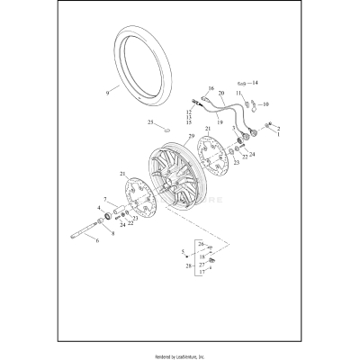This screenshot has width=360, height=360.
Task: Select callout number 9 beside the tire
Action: click(107, 91)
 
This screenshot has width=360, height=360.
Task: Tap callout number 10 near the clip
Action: click(265, 104)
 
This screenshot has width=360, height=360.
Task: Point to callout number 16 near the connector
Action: click(211, 90)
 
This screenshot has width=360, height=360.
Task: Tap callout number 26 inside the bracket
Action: click(201, 244)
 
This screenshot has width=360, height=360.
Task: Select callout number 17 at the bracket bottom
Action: click(201, 273)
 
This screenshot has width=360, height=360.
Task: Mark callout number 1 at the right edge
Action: click(278, 133)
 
